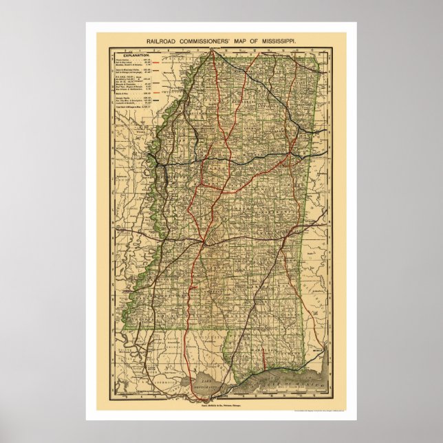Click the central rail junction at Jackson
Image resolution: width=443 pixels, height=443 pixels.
204,242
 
